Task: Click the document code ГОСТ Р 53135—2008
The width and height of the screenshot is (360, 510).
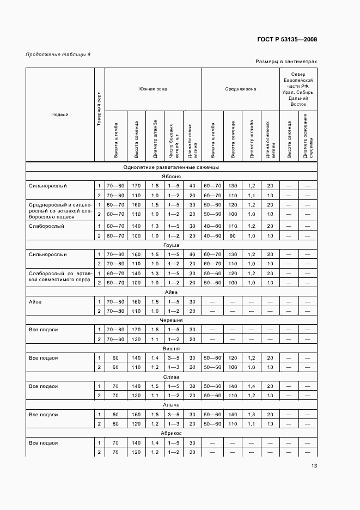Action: pyautogui.click(x=288, y=39)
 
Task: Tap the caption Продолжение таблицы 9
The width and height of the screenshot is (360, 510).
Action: pyautogui.click(x=58, y=54)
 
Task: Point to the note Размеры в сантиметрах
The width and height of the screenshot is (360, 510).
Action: pyautogui.click(x=286, y=62)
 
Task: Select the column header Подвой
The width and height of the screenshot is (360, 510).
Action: pyautogui.click(x=59, y=114)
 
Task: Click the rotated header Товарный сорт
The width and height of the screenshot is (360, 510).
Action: pyautogui.click(x=99, y=114)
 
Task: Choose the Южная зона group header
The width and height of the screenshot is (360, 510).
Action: pyautogui.click(x=153, y=88)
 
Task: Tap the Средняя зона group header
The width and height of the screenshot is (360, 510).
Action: pyautogui.click(x=240, y=88)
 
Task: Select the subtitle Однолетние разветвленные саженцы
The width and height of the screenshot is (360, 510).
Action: pyautogui.click(x=171, y=167)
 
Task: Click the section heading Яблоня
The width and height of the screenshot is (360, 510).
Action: pyautogui.click(x=171, y=177)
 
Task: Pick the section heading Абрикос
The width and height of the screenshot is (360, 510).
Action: pyautogui.click(x=171, y=433)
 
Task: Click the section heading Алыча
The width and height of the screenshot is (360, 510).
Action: pyautogui.click(x=171, y=405)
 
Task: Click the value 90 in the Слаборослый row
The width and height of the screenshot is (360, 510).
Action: pyautogui.click(x=232, y=235)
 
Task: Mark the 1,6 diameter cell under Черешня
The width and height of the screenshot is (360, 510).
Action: pyautogui.click(x=154, y=330)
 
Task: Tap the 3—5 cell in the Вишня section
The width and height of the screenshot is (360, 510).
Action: pyautogui.click(x=173, y=358)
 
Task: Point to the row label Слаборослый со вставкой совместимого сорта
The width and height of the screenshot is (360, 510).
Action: pyautogui.click(x=60, y=277)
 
